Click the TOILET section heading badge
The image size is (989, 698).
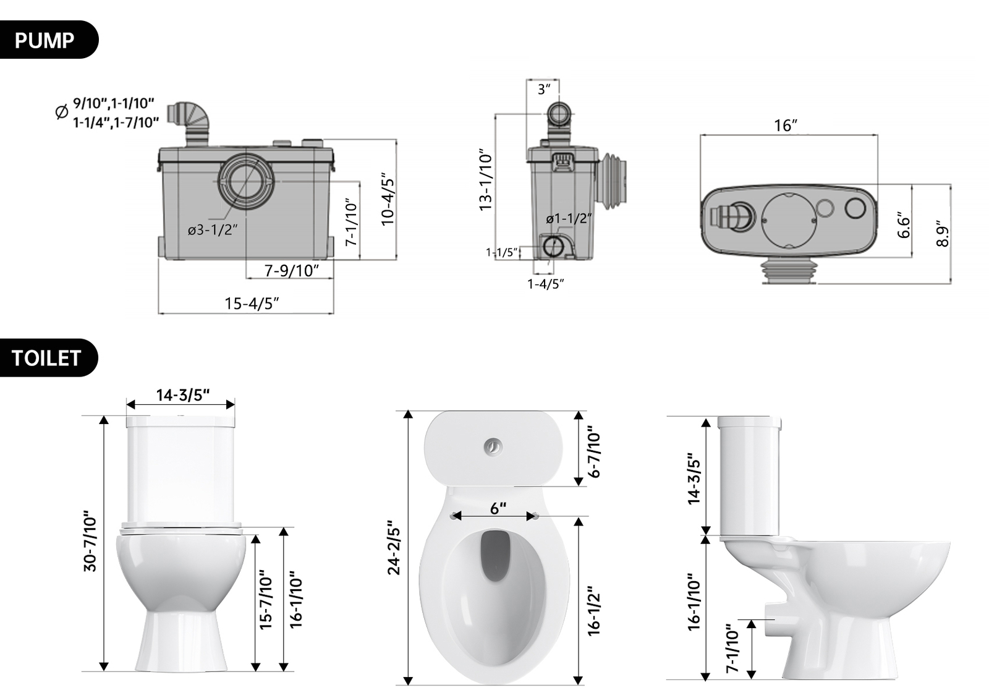tap(46, 358)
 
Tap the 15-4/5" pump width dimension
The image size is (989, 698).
tap(252, 304)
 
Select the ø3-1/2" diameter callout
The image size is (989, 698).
tap(213, 230)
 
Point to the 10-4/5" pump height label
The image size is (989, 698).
tap(388, 199)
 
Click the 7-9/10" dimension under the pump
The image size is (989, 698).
tap(291, 271)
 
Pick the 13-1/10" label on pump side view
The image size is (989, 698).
tap(486, 180)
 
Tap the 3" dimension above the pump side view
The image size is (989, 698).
tap(543, 90)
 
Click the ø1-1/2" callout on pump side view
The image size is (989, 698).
tap(569, 219)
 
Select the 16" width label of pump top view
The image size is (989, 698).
tap(786, 126)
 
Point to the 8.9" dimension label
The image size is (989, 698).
tap(942, 234)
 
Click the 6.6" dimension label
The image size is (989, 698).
tap(904, 225)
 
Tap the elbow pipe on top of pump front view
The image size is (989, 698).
tap(193, 121)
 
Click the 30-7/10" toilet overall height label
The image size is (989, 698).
tap(90, 541)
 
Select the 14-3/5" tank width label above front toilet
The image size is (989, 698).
tap(182, 395)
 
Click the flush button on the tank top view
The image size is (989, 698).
tap(493, 446)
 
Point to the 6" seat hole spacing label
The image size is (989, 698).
tap(498, 508)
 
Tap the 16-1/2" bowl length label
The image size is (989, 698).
tap(594, 611)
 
